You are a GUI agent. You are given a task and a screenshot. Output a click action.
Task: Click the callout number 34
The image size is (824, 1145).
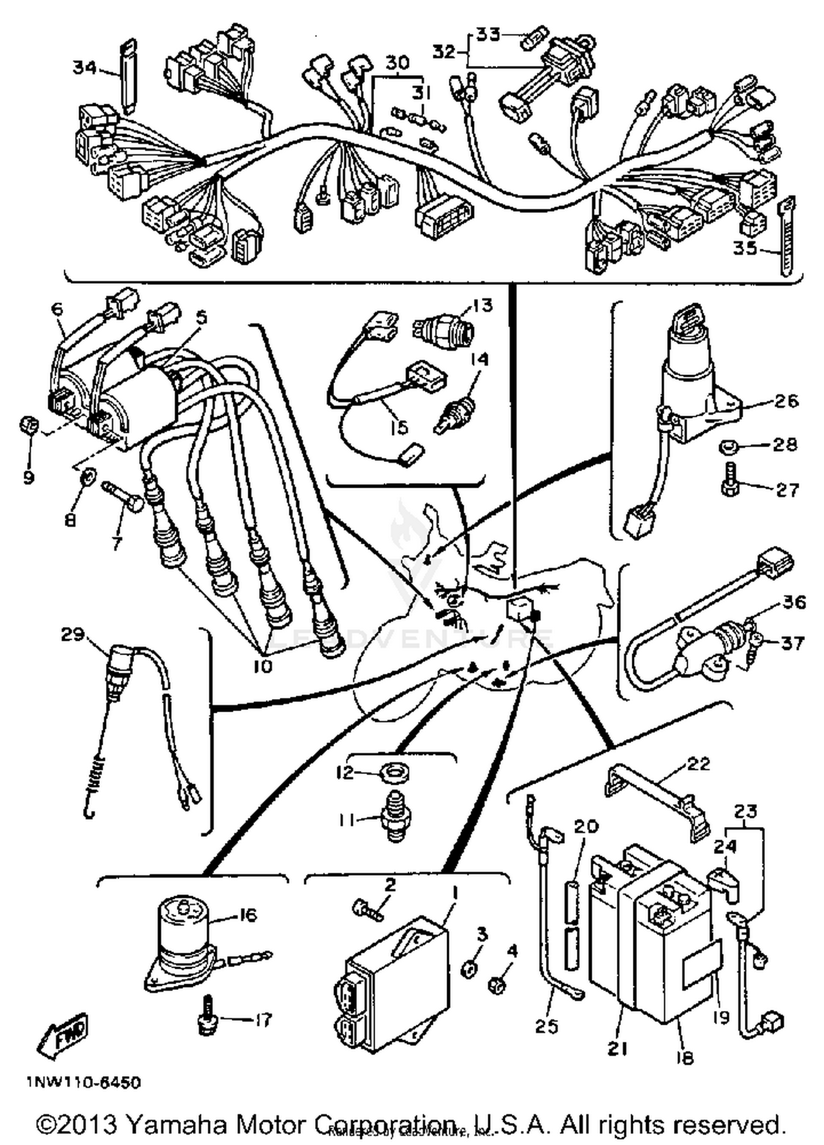pyautogui.click(x=85, y=68)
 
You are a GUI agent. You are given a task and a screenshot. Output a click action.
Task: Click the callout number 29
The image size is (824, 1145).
pyautogui.click(x=73, y=635)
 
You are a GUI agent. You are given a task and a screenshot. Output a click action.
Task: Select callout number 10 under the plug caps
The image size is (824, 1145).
pyautogui.click(x=263, y=666)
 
